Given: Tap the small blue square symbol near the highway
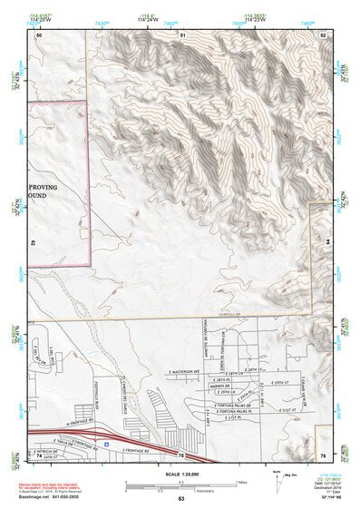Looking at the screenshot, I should [106, 445].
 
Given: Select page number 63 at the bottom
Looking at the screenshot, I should [181, 499].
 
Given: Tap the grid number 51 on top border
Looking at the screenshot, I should [182, 34].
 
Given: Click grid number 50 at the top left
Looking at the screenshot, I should [39, 34].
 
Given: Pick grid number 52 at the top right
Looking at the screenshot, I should [324, 34].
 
